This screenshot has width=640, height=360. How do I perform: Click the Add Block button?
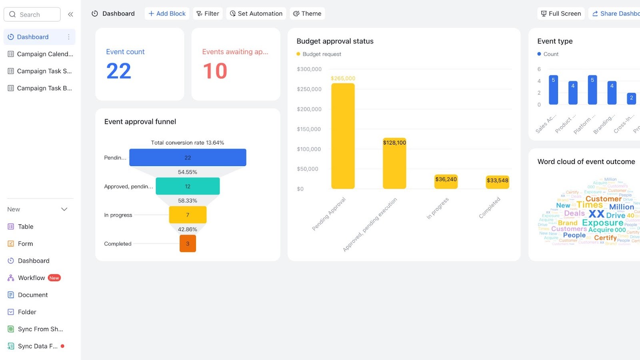point(167,14)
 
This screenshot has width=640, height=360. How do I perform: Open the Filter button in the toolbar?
point(208,14)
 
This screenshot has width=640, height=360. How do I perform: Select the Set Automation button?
point(256,14)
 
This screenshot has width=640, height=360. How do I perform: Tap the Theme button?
point(307,14)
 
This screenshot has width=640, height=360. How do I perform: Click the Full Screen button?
point(561,14)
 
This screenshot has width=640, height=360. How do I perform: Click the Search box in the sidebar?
point(32,14)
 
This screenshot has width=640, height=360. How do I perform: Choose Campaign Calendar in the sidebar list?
point(40,54)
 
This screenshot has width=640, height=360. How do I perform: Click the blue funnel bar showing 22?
point(188,158)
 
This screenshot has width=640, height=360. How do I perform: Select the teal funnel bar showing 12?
point(188,186)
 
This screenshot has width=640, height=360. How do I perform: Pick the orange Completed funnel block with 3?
point(188,244)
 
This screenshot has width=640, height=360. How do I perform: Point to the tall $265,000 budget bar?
point(343,136)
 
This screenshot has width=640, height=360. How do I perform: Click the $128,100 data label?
point(394,142)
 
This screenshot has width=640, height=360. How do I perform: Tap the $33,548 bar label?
point(497,180)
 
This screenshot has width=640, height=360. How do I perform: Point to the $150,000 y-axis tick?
point(309,129)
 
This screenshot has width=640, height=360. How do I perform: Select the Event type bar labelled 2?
point(631,98)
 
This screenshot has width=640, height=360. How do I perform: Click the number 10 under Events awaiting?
point(215,71)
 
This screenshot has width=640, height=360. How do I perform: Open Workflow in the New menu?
point(32,278)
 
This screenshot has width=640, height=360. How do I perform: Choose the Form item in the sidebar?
point(25,244)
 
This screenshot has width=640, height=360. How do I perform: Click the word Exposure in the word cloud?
point(602,222)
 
